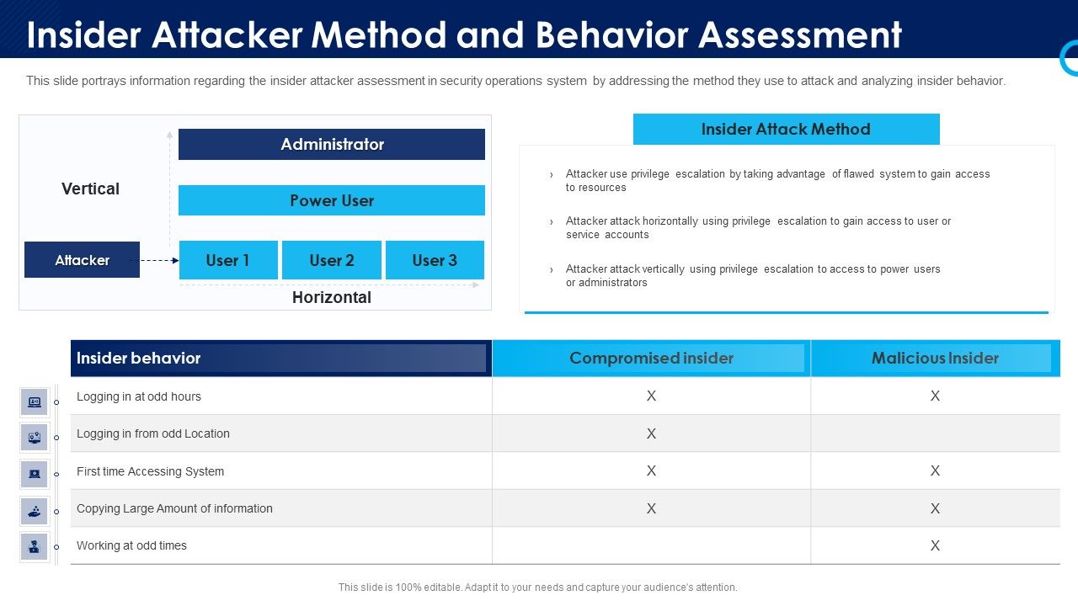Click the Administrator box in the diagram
click(x=332, y=144)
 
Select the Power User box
click(x=332, y=200)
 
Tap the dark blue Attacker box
click(x=82, y=260)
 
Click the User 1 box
click(x=228, y=260)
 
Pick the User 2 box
click(x=332, y=260)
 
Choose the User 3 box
click(x=435, y=260)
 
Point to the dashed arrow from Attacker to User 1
click(x=159, y=261)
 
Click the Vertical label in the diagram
click(x=90, y=189)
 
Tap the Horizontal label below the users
click(x=332, y=297)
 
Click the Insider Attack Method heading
click(x=786, y=129)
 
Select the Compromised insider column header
click(x=651, y=358)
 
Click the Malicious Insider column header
click(x=935, y=358)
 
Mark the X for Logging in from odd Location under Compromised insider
click(x=651, y=433)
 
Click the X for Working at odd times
click(x=935, y=545)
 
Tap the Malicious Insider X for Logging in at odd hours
click(x=935, y=396)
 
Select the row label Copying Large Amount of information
click(x=174, y=508)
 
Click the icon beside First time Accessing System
click(x=35, y=474)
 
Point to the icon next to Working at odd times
click(x=35, y=547)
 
